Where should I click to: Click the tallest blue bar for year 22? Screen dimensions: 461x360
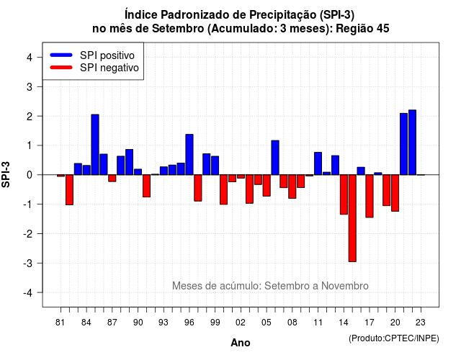[x=413, y=143]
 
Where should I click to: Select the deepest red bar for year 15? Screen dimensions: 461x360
[x=352, y=218]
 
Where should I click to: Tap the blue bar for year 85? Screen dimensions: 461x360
[x=95, y=145]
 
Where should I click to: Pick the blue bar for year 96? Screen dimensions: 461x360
[x=189, y=155]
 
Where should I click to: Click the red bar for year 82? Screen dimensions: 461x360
[x=69, y=189]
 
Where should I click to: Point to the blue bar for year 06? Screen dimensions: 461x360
[x=275, y=158]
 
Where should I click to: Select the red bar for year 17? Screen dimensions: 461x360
[x=370, y=196]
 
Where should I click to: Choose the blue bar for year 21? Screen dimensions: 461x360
[x=403, y=144]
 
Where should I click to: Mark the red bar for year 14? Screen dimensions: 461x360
[x=344, y=194]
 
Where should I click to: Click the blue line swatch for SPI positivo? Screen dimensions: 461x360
[x=61, y=55]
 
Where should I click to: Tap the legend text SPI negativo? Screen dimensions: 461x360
[x=109, y=68]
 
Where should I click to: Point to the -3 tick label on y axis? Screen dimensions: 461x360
[x=29, y=263]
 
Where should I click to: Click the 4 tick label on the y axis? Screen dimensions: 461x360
[x=30, y=58]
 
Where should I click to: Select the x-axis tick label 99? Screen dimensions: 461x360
[x=215, y=323]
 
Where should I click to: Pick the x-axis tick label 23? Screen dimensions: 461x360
[x=421, y=323]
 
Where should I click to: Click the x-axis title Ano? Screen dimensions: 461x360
[x=241, y=343]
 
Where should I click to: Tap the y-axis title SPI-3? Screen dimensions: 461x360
[x=6, y=174]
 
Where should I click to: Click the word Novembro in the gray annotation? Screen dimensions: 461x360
[x=345, y=286]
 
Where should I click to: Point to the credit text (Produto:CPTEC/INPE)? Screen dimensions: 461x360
[x=394, y=338]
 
